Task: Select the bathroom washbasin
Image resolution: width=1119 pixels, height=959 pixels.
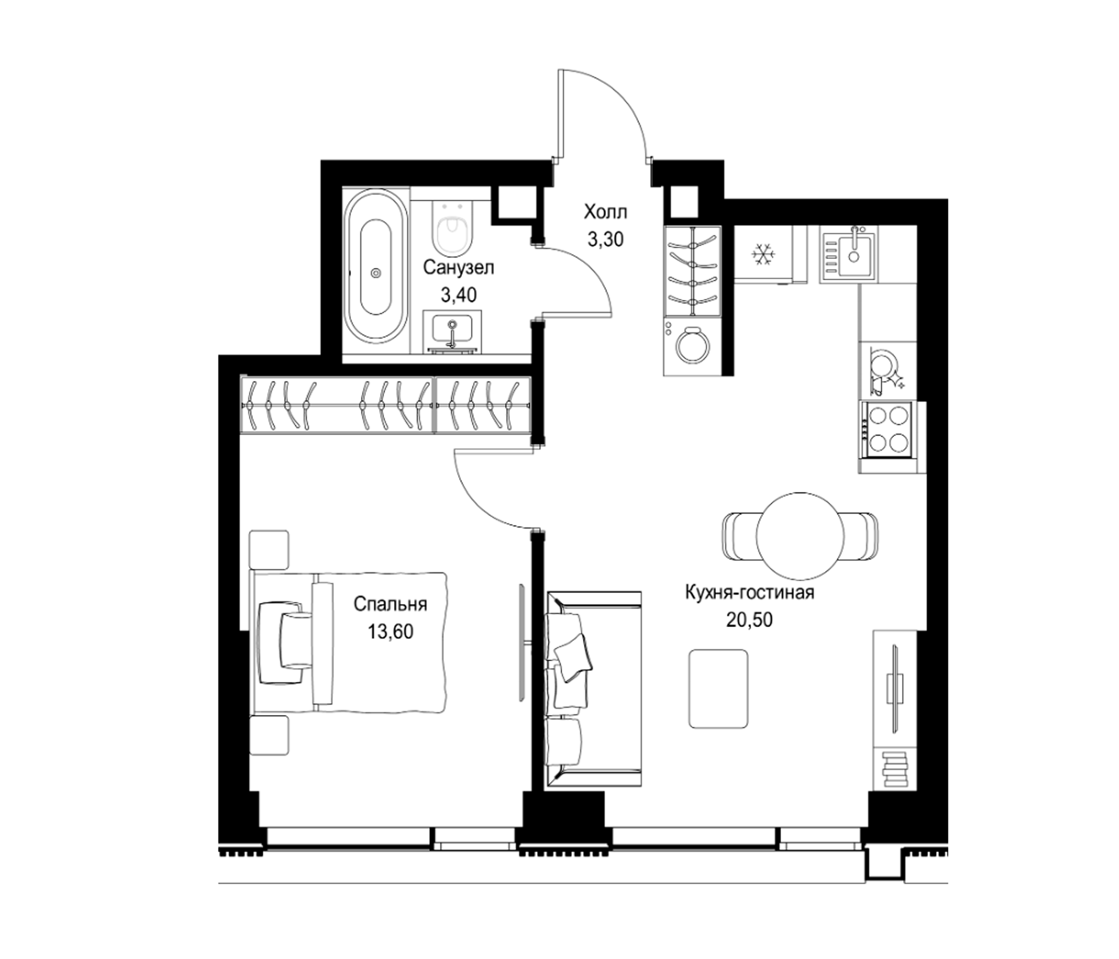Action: (x=452, y=331)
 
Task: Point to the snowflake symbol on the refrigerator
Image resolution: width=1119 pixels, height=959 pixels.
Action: (x=763, y=254)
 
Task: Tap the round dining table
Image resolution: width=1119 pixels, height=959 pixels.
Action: (x=800, y=535)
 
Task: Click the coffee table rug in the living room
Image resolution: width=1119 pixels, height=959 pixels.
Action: (x=718, y=688)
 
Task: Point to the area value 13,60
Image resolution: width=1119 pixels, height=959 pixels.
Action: (x=391, y=631)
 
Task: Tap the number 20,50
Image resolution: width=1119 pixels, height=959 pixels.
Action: (x=749, y=619)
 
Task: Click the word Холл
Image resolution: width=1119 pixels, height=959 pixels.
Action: (x=605, y=212)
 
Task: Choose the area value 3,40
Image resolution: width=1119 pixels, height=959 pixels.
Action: (x=458, y=295)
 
